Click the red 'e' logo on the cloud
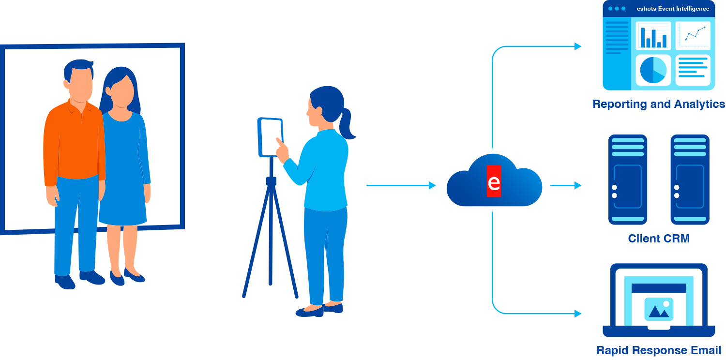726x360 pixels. click(494, 181)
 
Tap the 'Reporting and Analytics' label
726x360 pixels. click(659, 104)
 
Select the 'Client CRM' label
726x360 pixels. click(658, 239)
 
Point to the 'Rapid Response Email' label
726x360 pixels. click(658, 350)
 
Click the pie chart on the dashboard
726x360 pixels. click(653, 70)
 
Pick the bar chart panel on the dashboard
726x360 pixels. click(653, 36)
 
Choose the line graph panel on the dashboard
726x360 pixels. click(693, 35)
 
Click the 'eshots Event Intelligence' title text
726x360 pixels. click(673, 9)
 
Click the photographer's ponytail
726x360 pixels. click(347, 124)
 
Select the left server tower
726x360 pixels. click(628, 179)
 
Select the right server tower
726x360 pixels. click(690, 179)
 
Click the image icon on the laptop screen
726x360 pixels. click(659, 309)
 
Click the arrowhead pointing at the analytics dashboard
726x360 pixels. click(577, 46)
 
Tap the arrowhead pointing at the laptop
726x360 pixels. click(577, 314)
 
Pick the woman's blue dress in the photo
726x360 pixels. click(123, 174)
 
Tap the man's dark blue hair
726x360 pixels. click(77, 68)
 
